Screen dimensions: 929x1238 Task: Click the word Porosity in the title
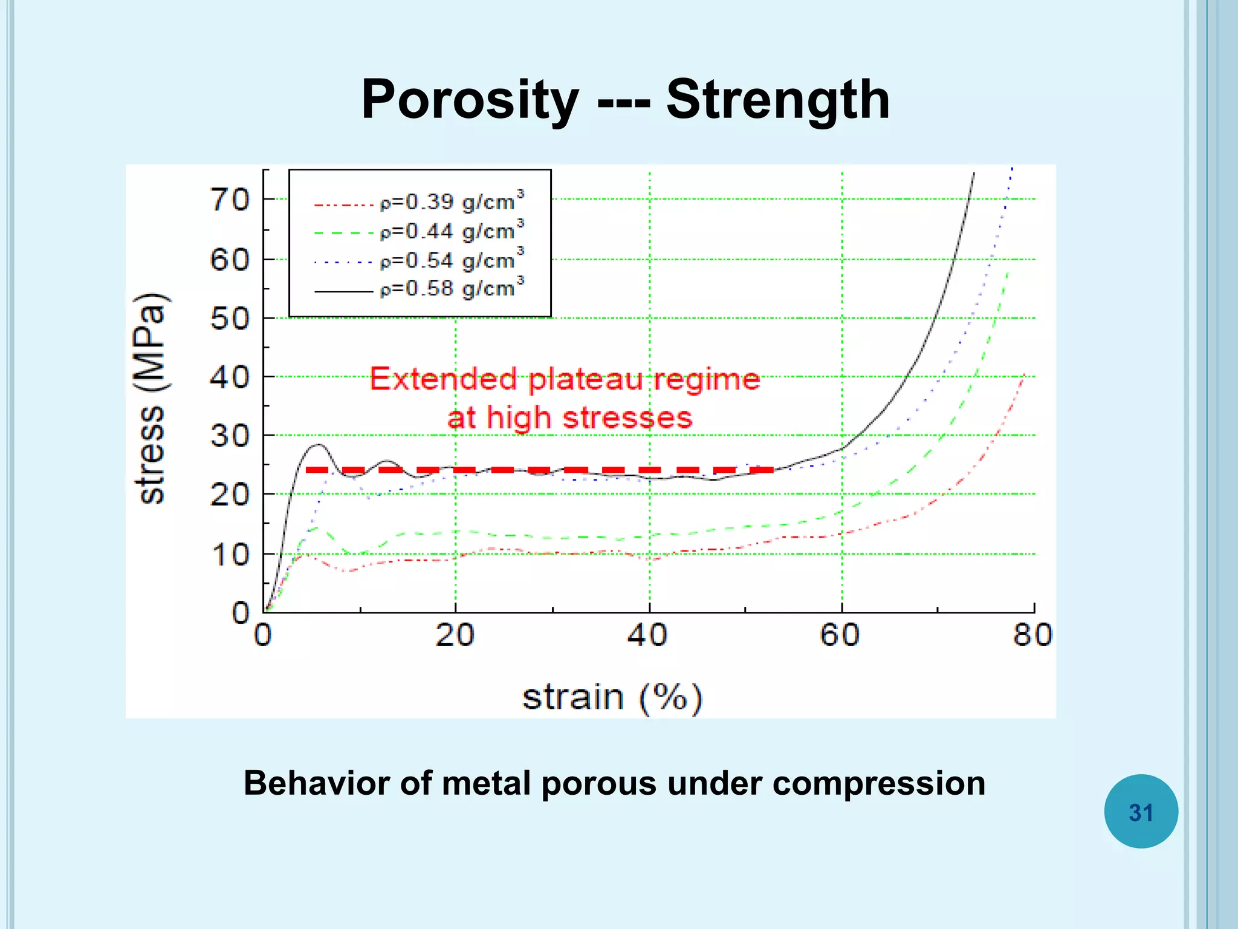(x=470, y=100)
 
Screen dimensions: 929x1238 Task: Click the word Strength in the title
(x=778, y=100)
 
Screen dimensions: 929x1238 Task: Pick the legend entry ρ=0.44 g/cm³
(x=450, y=231)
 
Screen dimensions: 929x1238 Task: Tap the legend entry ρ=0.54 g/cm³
(x=450, y=260)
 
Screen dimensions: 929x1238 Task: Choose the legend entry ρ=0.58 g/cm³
(x=450, y=288)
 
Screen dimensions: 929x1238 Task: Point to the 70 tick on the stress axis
(x=230, y=200)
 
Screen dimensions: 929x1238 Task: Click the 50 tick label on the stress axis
(x=230, y=319)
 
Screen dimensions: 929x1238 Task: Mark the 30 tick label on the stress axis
(x=230, y=436)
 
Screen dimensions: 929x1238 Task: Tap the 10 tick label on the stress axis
(x=230, y=555)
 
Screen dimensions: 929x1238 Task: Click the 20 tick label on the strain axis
(x=455, y=636)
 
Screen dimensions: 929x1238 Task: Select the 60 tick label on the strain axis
(x=840, y=636)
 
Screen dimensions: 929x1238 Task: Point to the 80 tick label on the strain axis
(x=1032, y=636)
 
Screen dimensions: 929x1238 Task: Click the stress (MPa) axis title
(x=151, y=398)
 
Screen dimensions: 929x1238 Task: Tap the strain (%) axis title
(x=612, y=697)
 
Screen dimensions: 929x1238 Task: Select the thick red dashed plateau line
(x=539, y=470)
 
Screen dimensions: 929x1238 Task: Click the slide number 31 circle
(x=1141, y=812)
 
